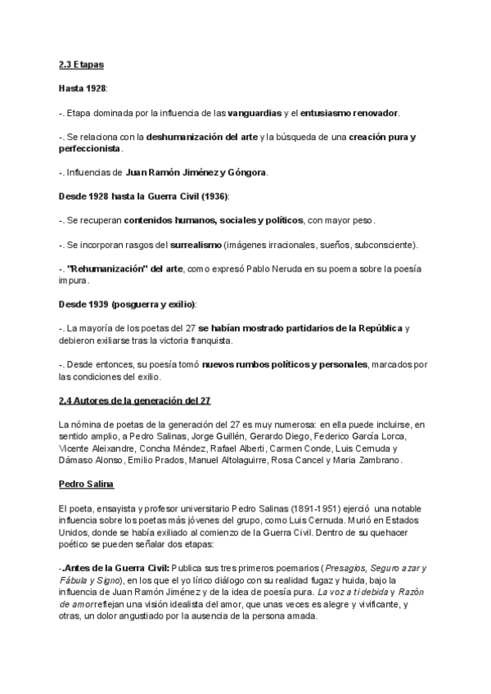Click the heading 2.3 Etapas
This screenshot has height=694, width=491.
(82, 63)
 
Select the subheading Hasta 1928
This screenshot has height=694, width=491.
(83, 87)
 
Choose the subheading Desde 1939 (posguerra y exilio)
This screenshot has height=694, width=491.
(128, 304)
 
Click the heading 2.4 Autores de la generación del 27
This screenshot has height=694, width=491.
(135, 400)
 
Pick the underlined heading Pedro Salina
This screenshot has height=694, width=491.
(86, 484)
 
